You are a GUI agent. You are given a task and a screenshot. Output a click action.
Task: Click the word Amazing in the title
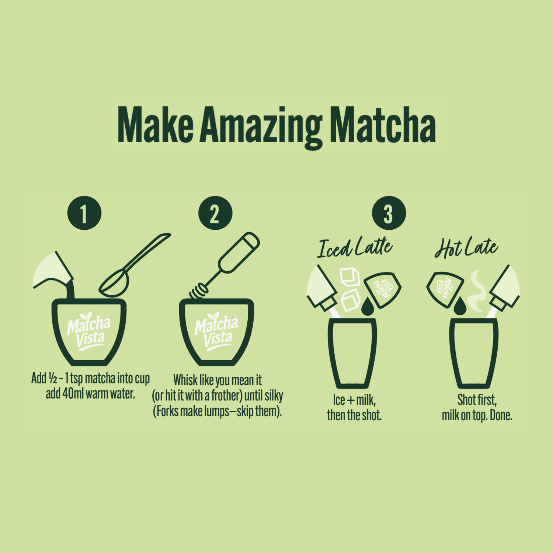point(261,125)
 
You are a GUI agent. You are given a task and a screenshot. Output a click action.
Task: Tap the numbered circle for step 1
point(84,213)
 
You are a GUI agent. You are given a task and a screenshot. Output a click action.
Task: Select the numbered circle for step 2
point(215,213)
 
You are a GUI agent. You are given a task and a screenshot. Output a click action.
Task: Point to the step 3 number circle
point(389,213)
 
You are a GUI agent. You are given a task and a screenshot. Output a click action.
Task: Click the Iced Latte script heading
point(355,247)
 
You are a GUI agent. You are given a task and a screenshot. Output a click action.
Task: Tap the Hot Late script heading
point(466,247)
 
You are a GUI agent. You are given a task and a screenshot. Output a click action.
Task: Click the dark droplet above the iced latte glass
point(367,307)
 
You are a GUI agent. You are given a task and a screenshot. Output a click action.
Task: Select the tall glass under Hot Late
point(474,353)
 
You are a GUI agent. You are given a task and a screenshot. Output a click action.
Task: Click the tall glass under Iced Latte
point(352,353)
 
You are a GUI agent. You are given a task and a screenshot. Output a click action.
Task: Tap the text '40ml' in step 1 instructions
point(73,394)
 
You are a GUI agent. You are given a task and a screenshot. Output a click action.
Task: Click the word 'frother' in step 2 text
point(226,396)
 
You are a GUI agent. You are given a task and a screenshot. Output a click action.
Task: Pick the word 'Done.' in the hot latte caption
point(501,415)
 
